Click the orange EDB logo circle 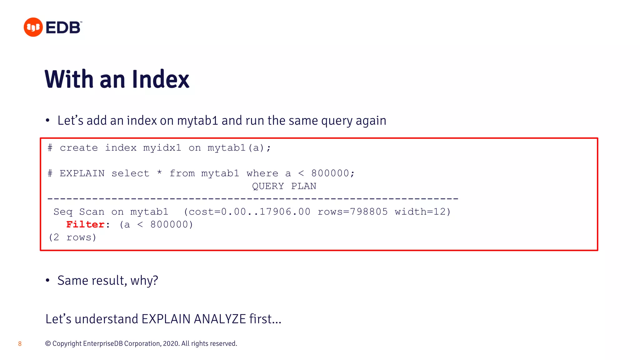pyautogui.click(x=33, y=27)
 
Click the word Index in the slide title pyautogui.click(x=161, y=79)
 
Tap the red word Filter pyautogui.click(x=85, y=224)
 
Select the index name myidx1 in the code pyautogui.click(x=162, y=148)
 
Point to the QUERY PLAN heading pyautogui.click(x=284, y=186)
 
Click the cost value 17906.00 pyautogui.click(x=285, y=212)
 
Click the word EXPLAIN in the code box pyautogui.click(x=82, y=173)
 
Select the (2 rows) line pyautogui.click(x=72, y=237)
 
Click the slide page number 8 pyautogui.click(x=20, y=344)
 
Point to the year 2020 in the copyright pyautogui.click(x=171, y=344)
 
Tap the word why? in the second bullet pyautogui.click(x=144, y=281)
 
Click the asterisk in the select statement pyautogui.click(x=159, y=173)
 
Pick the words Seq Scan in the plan pyautogui.click(x=79, y=212)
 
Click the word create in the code pyautogui.click(x=79, y=148)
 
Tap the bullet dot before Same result pyautogui.click(x=47, y=280)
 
